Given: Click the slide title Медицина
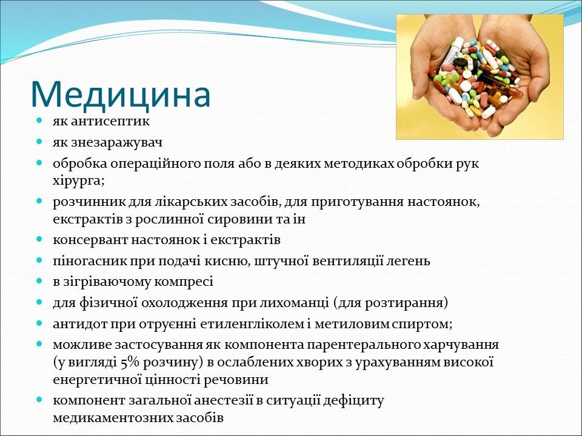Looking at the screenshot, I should tap(121, 93).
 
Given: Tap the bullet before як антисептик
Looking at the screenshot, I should tap(39, 121).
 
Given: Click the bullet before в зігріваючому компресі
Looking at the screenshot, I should tap(39, 281).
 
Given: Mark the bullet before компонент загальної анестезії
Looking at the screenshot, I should tap(39, 400).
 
